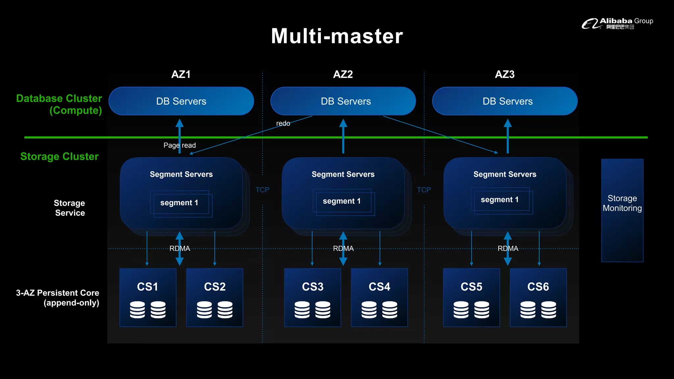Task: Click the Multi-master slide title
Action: (x=337, y=36)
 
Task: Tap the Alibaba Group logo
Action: (x=617, y=23)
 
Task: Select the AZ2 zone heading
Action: (x=343, y=74)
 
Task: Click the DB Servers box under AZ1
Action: (x=181, y=101)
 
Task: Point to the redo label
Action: (x=283, y=123)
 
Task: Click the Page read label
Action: (x=180, y=145)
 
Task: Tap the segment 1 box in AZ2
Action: (x=342, y=201)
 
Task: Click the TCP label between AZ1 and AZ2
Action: (x=262, y=190)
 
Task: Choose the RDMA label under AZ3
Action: (x=508, y=248)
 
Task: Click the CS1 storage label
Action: (x=147, y=287)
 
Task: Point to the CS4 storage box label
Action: (x=379, y=287)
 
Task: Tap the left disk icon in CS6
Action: (x=528, y=310)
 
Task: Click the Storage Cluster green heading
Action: (x=60, y=156)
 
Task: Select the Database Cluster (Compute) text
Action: (x=59, y=104)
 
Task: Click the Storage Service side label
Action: (x=70, y=208)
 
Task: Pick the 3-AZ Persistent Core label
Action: (x=58, y=298)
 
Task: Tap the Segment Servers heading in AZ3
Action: (x=505, y=174)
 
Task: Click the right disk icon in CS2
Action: (x=225, y=310)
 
